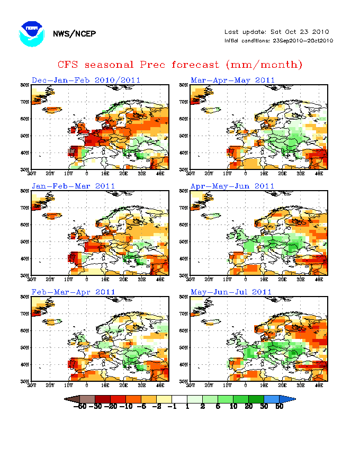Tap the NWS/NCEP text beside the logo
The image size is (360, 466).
click(74, 34)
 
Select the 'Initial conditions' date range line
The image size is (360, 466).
click(278, 41)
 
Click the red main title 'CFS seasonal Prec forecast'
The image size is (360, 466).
click(180, 65)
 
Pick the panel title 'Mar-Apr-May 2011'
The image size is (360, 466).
click(232, 80)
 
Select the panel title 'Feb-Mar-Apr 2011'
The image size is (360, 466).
click(73, 292)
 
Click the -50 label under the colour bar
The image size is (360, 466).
click(80, 407)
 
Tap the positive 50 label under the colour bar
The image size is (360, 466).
click(279, 407)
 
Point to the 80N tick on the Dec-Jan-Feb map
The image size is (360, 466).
click(25, 85)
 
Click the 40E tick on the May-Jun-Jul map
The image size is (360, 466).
click(319, 384)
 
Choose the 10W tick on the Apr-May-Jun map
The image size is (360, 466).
click(227, 279)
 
